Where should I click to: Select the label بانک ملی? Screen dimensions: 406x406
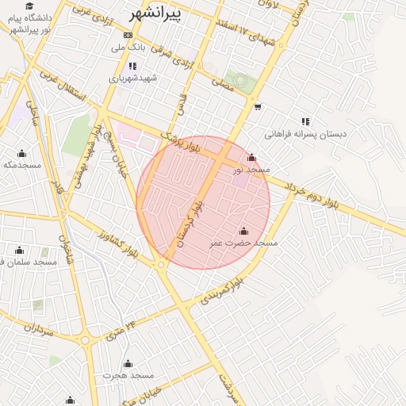click(x=128, y=48)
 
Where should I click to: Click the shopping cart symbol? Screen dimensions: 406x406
click(x=258, y=105)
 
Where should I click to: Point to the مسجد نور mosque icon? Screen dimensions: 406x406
click(x=252, y=157)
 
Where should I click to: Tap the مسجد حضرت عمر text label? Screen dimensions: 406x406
click(x=243, y=243)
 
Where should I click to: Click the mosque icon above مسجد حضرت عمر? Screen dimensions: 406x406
click(x=243, y=231)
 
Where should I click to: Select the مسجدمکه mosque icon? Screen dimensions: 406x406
click(x=21, y=153)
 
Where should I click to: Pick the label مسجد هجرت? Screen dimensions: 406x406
click(x=128, y=375)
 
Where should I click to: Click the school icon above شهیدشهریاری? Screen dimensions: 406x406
click(x=132, y=65)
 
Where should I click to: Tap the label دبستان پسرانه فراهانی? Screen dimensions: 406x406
click(x=306, y=134)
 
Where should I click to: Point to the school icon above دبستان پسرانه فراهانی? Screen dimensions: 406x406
click(x=305, y=121)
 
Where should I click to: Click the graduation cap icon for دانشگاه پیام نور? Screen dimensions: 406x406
click(x=29, y=6)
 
